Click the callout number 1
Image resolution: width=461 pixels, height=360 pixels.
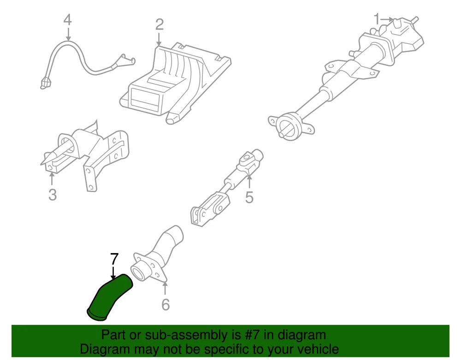[x=377, y=19]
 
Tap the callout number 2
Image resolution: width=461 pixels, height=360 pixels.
[x=159, y=25]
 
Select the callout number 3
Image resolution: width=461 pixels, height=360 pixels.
[x=53, y=195]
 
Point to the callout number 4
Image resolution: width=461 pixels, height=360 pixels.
[x=68, y=20]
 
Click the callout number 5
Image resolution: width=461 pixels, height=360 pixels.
[x=249, y=197]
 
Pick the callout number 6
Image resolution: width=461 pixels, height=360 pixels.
[x=165, y=305]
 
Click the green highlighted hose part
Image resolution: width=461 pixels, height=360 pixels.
[x=109, y=297]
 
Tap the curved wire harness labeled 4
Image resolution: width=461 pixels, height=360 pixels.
[x=85, y=63]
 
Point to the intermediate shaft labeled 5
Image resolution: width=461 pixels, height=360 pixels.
[x=226, y=188]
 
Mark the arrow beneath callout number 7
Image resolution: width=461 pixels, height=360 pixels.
[x=113, y=272]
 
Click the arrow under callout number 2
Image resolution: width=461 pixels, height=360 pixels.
[x=159, y=39]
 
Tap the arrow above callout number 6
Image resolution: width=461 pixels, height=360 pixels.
[x=165, y=288]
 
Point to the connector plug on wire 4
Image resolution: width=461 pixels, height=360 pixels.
[x=45, y=83]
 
